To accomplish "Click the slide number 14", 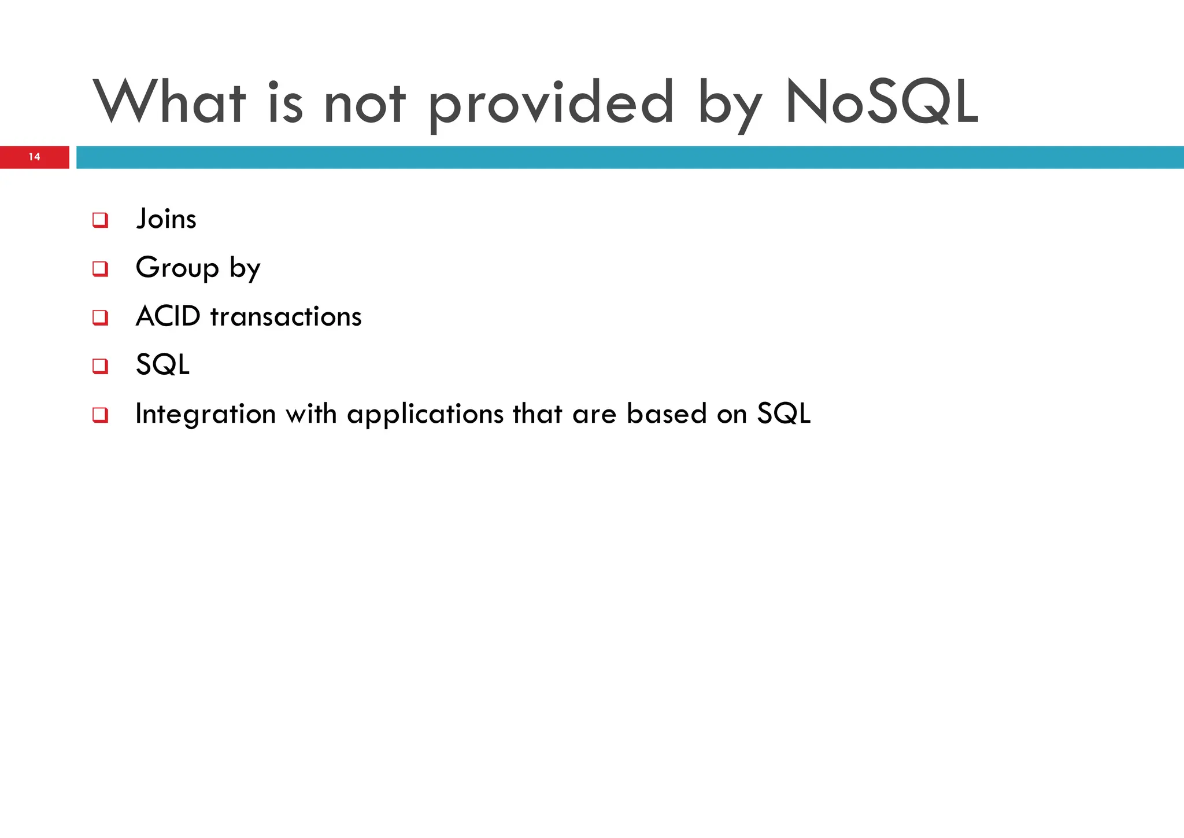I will tap(35, 157).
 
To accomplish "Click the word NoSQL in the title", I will tap(881, 102).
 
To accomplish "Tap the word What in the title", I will tap(169, 102).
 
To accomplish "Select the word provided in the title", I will tap(551, 104).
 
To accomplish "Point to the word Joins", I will tap(166, 219).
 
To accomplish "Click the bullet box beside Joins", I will tap(100, 220).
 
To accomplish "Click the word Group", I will tap(177, 268).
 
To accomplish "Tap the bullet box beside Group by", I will tap(100, 269).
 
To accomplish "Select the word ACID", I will tap(168, 316).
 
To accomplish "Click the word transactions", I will tap(286, 317).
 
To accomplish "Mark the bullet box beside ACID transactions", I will tap(100, 318).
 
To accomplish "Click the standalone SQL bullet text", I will tap(162, 365).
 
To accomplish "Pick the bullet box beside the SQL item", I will tap(100, 366).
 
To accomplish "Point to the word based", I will tap(667, 414).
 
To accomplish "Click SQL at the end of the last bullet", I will tap(784, 414).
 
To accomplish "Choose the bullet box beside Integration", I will tap(100, 415).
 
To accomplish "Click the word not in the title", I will tap(365, 104).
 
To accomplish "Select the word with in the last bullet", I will tap(312, 414).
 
